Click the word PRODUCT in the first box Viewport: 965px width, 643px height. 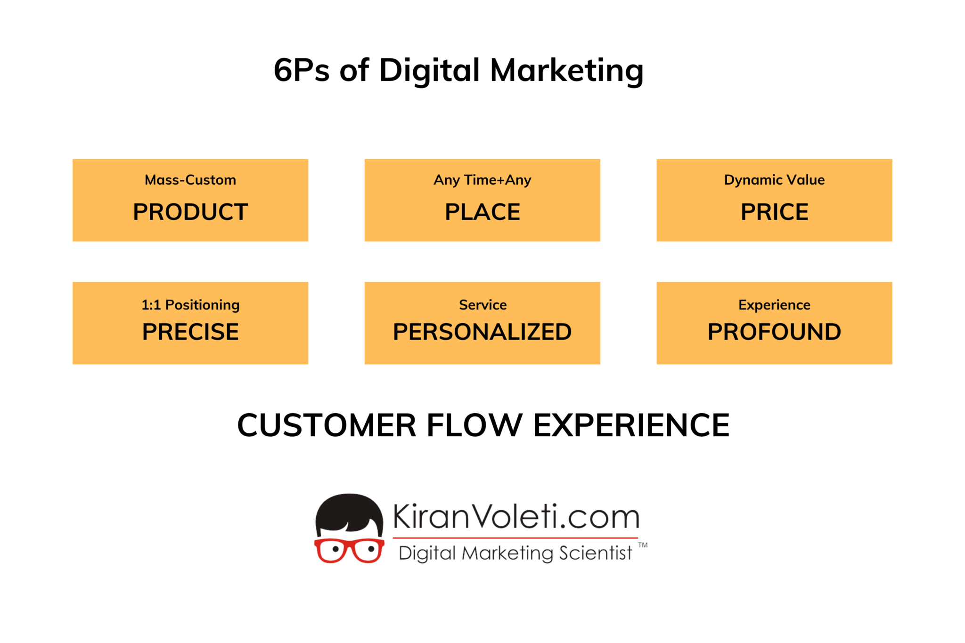coord(190,212)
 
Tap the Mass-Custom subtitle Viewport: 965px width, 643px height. coord(190,180)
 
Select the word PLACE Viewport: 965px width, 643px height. coord(482,212)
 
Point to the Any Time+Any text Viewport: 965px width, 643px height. coord(482,180)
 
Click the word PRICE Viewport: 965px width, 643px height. coord(774,212)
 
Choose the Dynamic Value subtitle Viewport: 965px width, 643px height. coord(774,180)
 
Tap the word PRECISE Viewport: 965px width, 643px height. coord(190,332)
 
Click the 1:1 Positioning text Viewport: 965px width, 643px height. coord(190,305)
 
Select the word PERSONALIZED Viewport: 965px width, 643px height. coord(482,332)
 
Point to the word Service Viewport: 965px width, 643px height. coord(482,305)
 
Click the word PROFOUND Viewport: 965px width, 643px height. coord(774,332)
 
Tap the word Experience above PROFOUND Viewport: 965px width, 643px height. coord(774,305)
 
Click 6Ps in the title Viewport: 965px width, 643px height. coord(302,71)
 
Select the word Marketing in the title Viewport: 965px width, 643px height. coord(566,71)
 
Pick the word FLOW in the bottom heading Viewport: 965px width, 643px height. coord(474,425)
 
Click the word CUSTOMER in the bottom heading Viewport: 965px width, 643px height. coord(327,425)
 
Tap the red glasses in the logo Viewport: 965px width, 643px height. coord(349,550)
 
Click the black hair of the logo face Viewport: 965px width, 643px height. coord(349,511)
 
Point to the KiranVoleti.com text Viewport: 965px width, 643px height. coord(516,517)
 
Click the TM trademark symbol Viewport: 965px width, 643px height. coord(643,545)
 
